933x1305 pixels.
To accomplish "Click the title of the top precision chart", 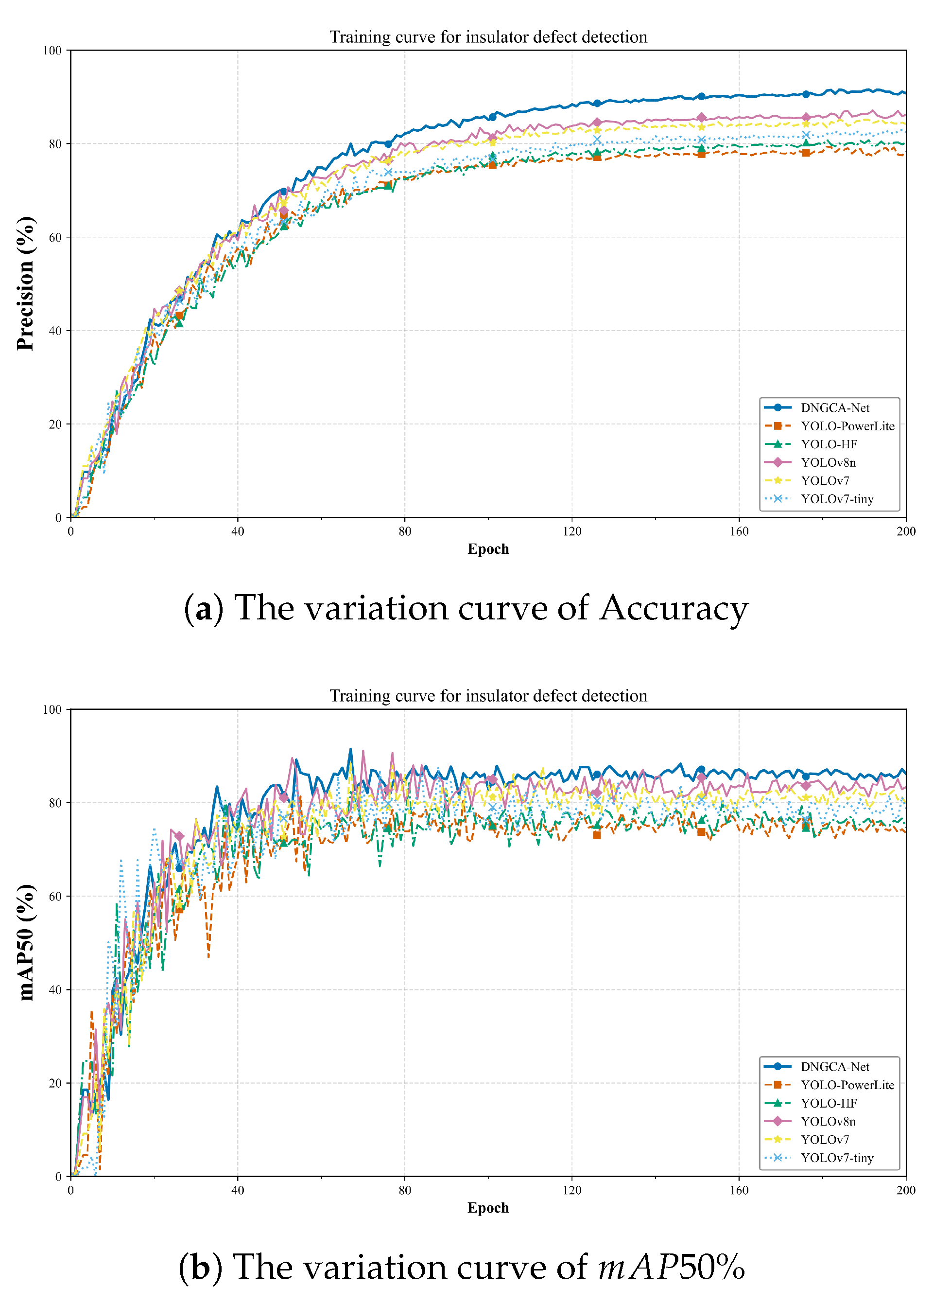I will tap(488, 37).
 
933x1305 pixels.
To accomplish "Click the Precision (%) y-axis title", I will tap(25, 283).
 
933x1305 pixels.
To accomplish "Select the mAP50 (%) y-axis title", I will tap(25, 942).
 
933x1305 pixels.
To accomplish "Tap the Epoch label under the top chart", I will tap(488, 548).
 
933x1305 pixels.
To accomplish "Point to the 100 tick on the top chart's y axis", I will tap(52, 51).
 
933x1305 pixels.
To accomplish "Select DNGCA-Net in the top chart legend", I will tap(835, 407).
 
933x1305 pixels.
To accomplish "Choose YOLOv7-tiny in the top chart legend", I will tap(837, 499).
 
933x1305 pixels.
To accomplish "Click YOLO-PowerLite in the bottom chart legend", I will tap(847, 1085).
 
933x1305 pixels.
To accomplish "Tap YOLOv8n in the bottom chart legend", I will tap(828, 1121).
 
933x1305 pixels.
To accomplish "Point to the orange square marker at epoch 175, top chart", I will tap(806, 153).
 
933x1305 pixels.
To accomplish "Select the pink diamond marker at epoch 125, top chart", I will tap(596, 123).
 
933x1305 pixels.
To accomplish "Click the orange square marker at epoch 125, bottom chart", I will tap(596, 835).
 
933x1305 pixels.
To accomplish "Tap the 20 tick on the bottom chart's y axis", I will tap(55, 1083).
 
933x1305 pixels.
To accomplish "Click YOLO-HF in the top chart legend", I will tap(829, 444).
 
